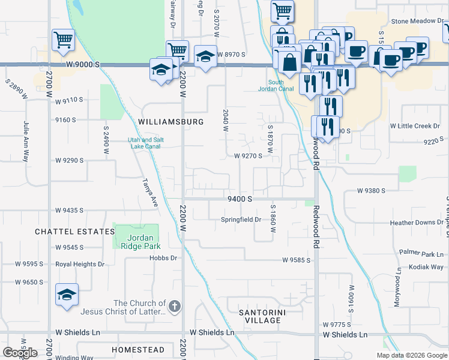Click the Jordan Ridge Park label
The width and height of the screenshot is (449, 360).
click(x=144, y=241)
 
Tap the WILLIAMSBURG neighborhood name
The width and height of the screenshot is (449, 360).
click(x=170, y=121)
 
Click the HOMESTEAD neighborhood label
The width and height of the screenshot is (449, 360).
click(x=138, y=350)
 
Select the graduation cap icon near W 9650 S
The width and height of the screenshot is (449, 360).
click(x=67, y=295)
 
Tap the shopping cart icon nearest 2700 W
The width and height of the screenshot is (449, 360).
click(x=63, y=40)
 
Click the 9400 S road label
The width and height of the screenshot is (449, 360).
click(x=239, y=199)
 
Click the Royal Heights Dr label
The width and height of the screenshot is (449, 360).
click(x=80, y=264)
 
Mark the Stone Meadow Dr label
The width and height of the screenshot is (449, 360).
click(x=417, y=21)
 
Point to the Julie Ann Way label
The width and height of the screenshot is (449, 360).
click(x=26, y=142)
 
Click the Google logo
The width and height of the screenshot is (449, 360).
click(x=20, y=353)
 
